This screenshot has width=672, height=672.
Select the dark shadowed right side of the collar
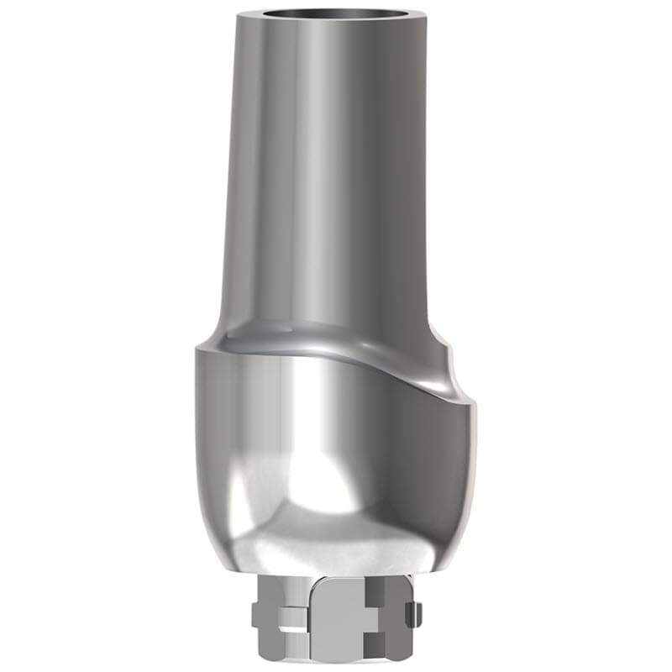tap(445, 470)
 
